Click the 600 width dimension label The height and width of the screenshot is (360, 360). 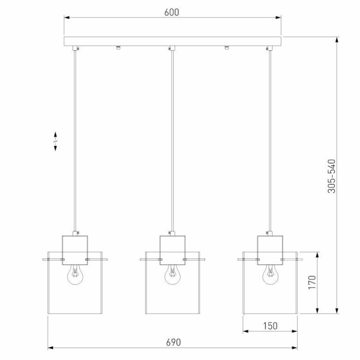(x=172, y=12)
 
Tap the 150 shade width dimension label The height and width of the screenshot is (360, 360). (x=270, y=326)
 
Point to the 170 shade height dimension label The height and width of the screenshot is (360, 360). (x=312, y=282)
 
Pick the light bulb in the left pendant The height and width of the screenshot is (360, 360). (x=75, y=275)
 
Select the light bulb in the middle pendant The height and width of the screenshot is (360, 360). (x=172, y=275)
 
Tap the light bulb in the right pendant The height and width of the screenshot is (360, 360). (x=269, y=275)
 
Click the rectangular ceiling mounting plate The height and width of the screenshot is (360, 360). (x=172, y=42)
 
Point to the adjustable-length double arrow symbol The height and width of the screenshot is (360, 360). (x=56, y=141)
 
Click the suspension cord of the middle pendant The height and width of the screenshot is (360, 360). (x=172, y=139)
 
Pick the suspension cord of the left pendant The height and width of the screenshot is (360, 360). (x=75, y=139)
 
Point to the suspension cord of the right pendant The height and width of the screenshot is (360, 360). (x=269, y=139)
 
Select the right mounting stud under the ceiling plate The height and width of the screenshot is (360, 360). (x=226, y=49)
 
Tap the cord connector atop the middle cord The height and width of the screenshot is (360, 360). (x=172, y=49)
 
